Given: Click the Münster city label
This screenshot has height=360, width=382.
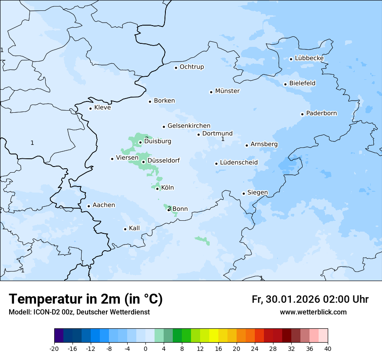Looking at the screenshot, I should click(x=227, y=91).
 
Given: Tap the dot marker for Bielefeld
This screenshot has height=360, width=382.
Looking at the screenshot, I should click(x=285, y=84).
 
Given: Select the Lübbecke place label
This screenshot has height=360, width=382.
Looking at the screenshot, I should click(x=309, y=58).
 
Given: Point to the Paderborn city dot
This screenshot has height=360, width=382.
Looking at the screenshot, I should click(x=302, y=114).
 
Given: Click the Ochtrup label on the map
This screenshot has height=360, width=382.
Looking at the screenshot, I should click(x=191, y=67).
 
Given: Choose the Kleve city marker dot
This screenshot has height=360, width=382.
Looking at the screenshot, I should click(x=90, y=108).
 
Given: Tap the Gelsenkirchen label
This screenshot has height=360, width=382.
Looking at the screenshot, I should click(x=189, y=126).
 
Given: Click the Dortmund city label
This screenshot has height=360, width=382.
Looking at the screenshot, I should click(x=217, y=134).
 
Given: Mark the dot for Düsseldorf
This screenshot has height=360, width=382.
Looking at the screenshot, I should click(x=143, y=162).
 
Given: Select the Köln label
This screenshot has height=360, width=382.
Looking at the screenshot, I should click(x=167, y=188).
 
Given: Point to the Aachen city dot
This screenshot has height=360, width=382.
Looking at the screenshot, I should click(x=89, y=206).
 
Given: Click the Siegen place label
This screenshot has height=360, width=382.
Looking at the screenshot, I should click(x=257, y=193).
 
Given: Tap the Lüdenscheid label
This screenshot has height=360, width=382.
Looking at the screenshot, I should click(x=239, y=163).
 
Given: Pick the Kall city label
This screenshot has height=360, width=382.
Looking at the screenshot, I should click(x=134, y=228).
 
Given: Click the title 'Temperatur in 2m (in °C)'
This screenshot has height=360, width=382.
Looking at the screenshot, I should click(x=86, y=299).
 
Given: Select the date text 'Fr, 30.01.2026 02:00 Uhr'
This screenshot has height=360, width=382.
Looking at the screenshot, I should click(x=310, y=299).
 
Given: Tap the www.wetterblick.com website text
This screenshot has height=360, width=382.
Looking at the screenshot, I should click(x=313, y=312).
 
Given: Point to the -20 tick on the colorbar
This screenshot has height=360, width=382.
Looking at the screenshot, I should click(x=54, y=349).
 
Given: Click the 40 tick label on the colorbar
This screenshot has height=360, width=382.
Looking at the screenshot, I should click(x=328, y=349).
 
